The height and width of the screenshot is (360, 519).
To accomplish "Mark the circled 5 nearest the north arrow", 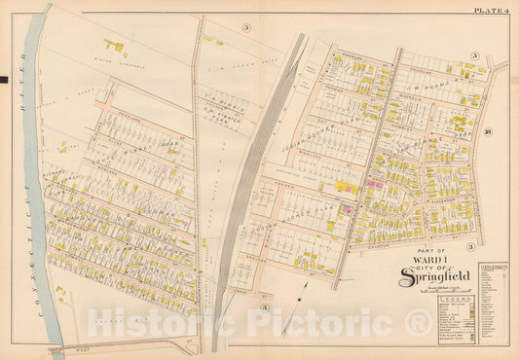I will pos(264,308).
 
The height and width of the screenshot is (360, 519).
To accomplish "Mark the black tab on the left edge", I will pos(4,79).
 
